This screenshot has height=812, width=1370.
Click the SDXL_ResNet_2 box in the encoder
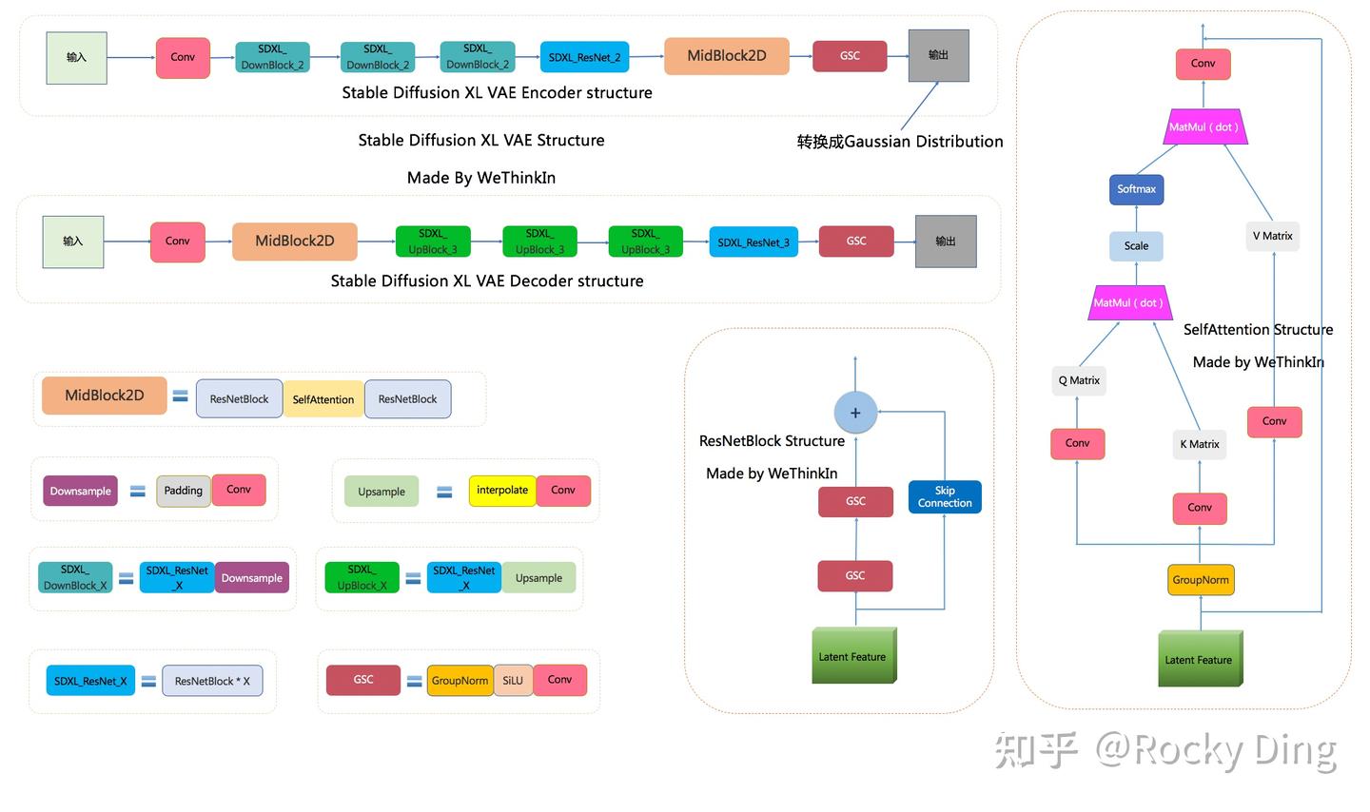pyautogui.click(x=584, y=57)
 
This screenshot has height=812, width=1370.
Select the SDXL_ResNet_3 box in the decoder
pyautogui.click(x=753, y=242)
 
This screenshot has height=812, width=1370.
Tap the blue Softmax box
pyautogui.click(x=1136, y=189)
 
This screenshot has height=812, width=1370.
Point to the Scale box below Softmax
pyautogui.click(x=1136, y=246)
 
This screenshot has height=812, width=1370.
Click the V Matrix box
pyautogui.click(x=1272, y=236)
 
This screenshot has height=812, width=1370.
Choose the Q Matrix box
pyautogui.click(x=1079, y=380)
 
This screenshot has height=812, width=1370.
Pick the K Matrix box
pyautogui.click(x=1199, y=444)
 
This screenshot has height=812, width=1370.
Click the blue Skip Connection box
pyautogui.click(x=945, y=497)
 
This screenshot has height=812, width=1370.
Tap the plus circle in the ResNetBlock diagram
pyautogui.click(x=855, y=413)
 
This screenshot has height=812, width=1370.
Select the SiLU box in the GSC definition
pyautogui.click(x=513, y=680)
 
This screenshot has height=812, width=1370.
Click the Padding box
pyautogui.click(x=184, y=491)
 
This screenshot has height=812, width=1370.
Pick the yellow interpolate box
pyautogui.click(x=502, y=491)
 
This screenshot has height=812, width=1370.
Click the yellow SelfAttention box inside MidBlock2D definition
pyautogui.click(x=323, y=399)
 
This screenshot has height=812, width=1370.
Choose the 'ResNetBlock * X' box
pyautogui.click(x=212, y=681)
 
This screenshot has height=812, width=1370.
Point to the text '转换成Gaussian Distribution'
pyautogui.click(x=899, y=142)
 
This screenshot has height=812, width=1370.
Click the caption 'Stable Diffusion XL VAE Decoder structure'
pyautogui.click(x=487, y=281)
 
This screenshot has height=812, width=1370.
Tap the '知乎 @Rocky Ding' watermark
pyautogui.click(x=1165, y=750)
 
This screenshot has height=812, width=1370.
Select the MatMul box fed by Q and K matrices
pyautogui.click(x=1128, y=303)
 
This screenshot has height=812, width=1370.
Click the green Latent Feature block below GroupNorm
pyautogui.click(x=1200, y=659)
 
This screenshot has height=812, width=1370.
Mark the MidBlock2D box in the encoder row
pyautogui.click(x=727, y=56)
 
